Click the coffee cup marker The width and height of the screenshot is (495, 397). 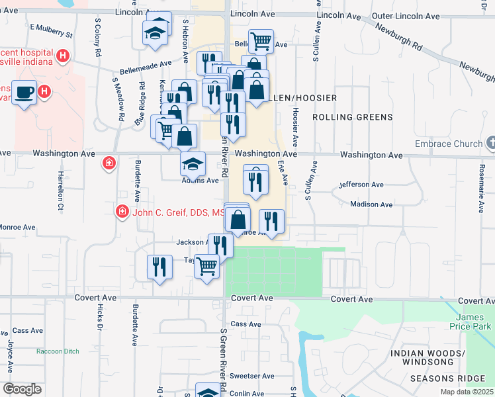click(x=24, y=92)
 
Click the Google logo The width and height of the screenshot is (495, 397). click(x=22, y=388)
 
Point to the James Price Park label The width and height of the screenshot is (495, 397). click(x=474, y=322)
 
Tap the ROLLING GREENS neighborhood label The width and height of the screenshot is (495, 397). click(x=352, y=117)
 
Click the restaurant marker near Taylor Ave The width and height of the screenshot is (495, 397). click(x=159, y=267)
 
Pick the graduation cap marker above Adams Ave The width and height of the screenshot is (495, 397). click(x=193, y=163)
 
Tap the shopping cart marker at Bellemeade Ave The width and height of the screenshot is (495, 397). click(x=261, y=41)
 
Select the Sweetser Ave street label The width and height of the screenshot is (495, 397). click(x=257, y=376)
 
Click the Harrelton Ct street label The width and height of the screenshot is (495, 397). click(x=60, y=191)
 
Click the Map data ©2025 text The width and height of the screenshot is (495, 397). click(x=467, y=392)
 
